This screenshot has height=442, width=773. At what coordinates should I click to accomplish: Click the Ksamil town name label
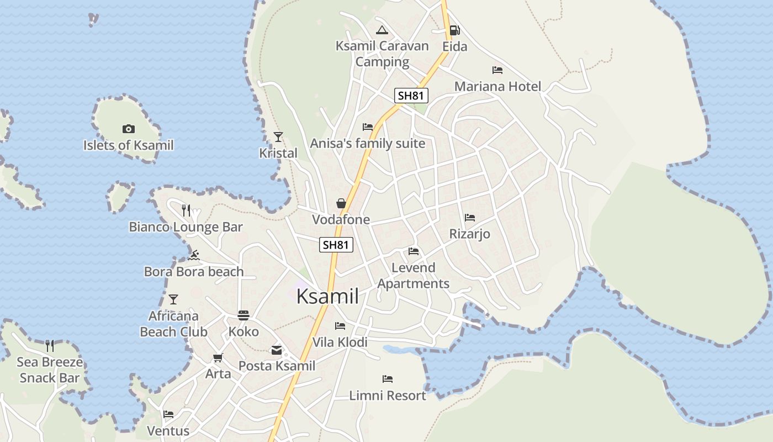click(327, 297)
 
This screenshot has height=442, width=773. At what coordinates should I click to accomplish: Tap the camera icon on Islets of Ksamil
click(128, 129)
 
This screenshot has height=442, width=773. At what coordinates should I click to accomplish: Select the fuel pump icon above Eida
click(454, 30)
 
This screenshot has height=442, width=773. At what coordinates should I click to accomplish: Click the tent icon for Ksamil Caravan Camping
click(382, 30)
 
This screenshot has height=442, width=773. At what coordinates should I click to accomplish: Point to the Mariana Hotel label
click(497, 87)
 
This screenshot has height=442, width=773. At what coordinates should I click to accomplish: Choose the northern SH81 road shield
click(411, 95)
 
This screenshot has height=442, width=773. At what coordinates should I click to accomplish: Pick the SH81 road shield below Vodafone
click(336, 245)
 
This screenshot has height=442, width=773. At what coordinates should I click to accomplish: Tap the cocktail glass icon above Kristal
click(278, 136)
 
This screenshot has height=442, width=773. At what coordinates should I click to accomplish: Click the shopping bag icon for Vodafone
click(341, 203)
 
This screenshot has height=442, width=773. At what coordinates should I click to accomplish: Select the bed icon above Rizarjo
click(470, 218)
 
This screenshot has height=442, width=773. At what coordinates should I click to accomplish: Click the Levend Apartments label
click(414, 276)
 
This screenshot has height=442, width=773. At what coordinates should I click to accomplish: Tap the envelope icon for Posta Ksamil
click(276, 350)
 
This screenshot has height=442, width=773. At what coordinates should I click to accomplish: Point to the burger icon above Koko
click(243, 315)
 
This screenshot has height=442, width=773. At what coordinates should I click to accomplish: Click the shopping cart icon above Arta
click(218, 358)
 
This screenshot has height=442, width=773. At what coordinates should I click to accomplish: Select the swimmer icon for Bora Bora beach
click(193, 255)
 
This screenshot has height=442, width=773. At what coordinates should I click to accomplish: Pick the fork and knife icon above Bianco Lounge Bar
click(186, 211)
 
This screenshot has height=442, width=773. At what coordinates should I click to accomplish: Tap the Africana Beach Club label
click(173, 324)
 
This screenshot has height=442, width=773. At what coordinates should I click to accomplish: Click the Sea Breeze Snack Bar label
click(50, 370)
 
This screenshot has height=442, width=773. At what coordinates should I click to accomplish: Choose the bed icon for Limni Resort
click(388, 379)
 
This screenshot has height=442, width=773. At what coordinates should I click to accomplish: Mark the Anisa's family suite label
click(367, 144)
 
